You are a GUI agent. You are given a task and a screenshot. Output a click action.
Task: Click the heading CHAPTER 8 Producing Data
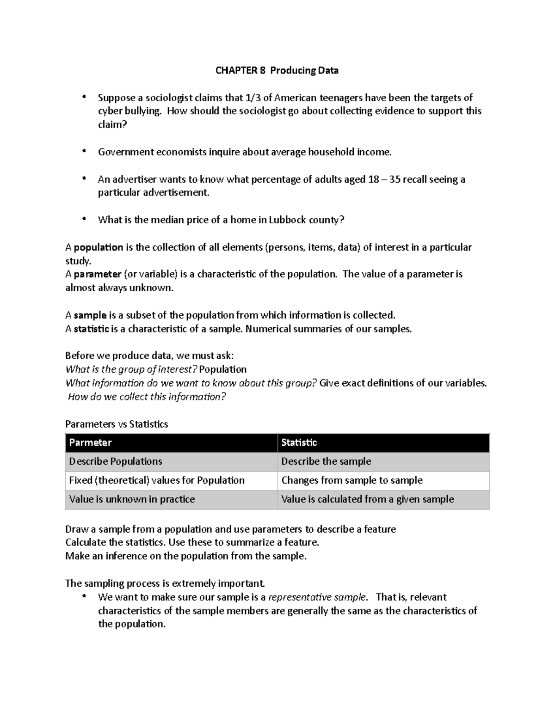277,70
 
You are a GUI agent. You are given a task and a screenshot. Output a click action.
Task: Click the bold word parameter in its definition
97,274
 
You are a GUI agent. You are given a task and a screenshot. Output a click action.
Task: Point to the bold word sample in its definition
90,315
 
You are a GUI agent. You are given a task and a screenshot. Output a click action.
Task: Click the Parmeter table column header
90,442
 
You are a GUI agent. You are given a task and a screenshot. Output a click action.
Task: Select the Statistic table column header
299,442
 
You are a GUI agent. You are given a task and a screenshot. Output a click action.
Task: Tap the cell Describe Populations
116,461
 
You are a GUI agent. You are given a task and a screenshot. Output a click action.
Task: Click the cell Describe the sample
326,461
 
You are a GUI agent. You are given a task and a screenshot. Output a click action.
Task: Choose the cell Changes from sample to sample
352,480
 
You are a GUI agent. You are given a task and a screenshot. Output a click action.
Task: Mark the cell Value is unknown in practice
132,499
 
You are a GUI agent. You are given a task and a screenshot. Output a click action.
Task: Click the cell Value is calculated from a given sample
368,499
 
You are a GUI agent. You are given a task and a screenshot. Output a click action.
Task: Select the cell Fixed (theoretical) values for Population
157,480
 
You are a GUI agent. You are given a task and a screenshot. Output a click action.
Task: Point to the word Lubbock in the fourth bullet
288,220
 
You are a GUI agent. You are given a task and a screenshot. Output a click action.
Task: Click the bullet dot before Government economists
84,151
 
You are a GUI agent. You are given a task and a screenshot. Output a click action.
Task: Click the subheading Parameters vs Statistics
117,424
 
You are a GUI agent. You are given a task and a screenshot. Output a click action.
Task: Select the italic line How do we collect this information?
147,397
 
